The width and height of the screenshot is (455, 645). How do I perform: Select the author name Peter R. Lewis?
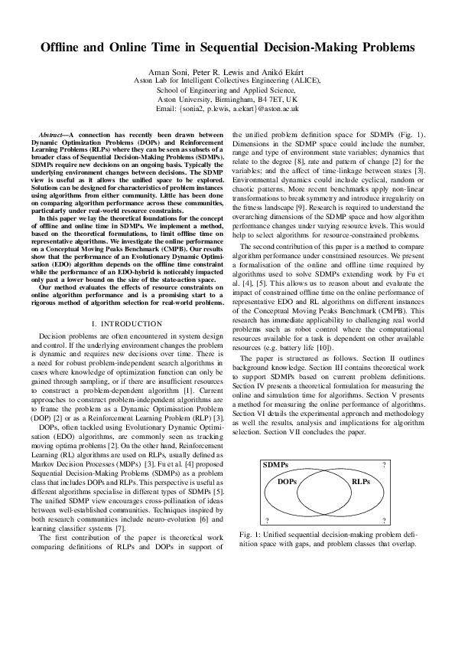point(217,71)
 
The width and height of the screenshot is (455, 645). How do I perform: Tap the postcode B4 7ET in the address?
point(268,100)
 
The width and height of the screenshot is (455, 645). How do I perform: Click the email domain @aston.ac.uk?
point(276,110)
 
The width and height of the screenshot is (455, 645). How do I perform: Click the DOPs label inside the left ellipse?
point(288,482)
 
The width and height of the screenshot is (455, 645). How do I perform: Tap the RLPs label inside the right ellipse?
point(360,482)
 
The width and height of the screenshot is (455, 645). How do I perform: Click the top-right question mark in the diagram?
point(383,465)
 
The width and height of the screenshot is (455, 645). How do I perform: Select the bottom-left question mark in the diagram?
point(265,520)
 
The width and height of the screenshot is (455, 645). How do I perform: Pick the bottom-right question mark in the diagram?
point(383,520)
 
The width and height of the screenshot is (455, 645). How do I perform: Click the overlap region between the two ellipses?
point(324,493)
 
